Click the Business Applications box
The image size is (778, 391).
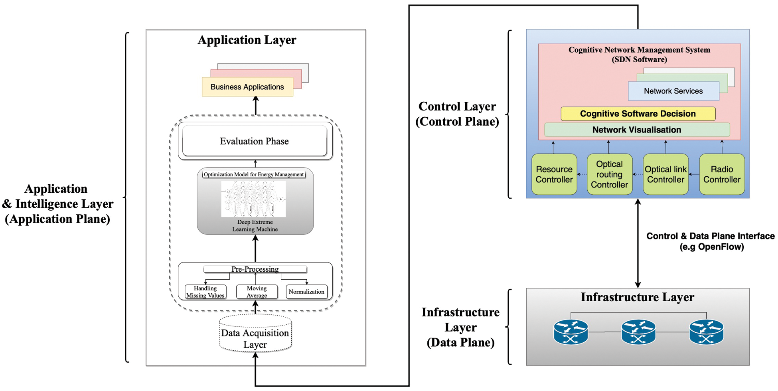click(x=247, y=87)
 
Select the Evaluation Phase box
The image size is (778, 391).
click(x=255, y=141)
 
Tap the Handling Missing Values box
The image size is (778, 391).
click(x=205, y=292)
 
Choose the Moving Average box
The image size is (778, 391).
click(x=257, y=292)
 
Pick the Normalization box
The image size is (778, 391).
click(x=306, y=292)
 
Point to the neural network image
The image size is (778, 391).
click(x=253, y=199)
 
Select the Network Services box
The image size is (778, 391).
click(x=673, y=91)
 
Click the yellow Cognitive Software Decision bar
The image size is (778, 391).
click(x=638, y=114)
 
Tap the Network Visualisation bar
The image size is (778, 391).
click(x=637, y=130)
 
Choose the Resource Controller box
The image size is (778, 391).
click(x=554, y=174)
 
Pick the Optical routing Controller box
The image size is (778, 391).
click(x=609, y=174)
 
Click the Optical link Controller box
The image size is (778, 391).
click(x=665, y=174)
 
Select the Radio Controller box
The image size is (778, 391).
click(x=722, y=174)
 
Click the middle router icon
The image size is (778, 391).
click(x=638, y=332)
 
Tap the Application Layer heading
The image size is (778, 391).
click(x=247, y=40)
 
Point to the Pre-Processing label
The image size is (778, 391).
click(x=255, y=269)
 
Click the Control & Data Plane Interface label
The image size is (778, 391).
click(x=711, y=241)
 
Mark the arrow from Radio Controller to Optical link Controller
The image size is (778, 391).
click(x=694, y=174)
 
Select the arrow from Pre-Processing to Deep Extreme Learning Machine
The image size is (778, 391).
click(x=255, y=248)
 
